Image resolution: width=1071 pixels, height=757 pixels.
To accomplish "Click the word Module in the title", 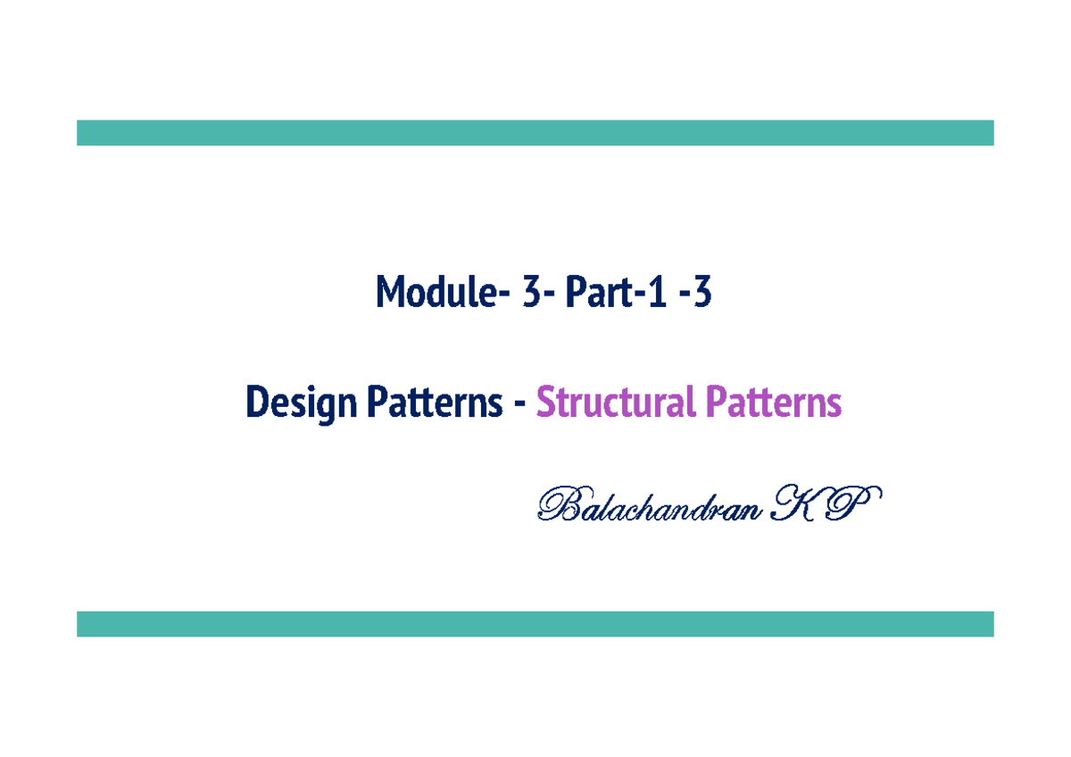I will coord(434,293).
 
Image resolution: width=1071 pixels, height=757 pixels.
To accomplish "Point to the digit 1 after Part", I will coord(656,293).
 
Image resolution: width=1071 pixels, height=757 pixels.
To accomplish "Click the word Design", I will coord(300,403).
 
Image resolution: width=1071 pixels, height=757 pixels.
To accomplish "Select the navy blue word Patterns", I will coord(433,403).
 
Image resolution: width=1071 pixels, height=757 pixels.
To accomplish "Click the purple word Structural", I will coord(615,403).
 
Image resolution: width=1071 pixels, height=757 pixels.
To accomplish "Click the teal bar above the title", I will coord(535,132).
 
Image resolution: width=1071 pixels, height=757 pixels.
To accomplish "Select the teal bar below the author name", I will coord(535,623).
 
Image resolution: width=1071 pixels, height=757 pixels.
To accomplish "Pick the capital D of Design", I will coord(257,403).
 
